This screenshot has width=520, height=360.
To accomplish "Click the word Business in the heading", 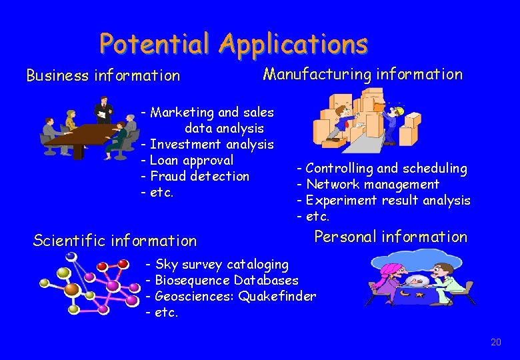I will tap(57, 76).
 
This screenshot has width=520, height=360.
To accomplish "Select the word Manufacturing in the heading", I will tap(317, 74).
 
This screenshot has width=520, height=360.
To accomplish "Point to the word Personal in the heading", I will tap(342, 237).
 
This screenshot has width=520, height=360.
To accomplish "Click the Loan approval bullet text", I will tap(192, 160).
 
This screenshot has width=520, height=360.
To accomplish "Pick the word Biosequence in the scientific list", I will tap(193, 281).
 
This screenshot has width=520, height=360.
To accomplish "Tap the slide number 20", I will tap(495, 342).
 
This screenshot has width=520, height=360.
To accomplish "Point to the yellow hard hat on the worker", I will tap(391, 107).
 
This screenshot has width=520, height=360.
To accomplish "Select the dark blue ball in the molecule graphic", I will tap(71, 257).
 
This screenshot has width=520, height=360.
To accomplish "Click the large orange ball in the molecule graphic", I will tap(72, 289).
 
